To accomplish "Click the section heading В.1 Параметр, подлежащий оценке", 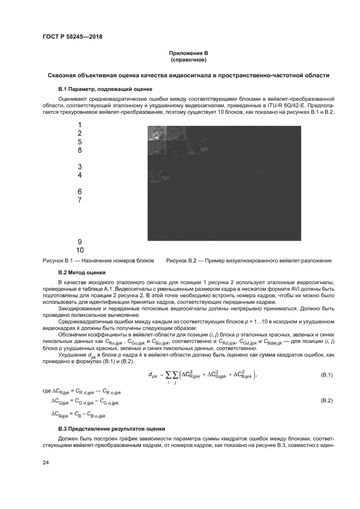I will tap(105, 88).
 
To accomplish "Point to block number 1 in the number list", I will tap(80, 125).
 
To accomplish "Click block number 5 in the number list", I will tap(80, 142).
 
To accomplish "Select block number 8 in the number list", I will tap(80, 150).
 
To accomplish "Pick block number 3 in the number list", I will tap(80, 167).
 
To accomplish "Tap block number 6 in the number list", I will tap(80, 192).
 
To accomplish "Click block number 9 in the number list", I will tap(80, 242).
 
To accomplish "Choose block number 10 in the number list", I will tap(80, 250).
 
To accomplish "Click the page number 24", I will tap(46, 462).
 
